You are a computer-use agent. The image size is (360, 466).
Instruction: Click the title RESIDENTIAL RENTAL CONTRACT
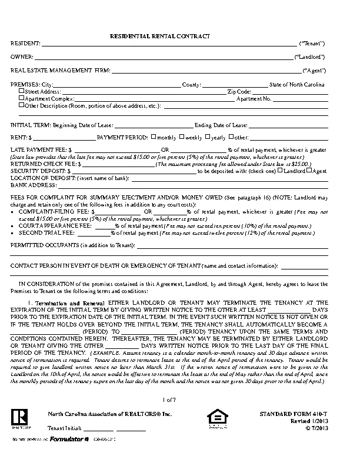pyautogui.click(x=160, y=36)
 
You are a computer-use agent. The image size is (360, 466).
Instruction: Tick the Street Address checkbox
pyautogui.click(x=22, y=91)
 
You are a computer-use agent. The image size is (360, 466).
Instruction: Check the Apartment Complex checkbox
pyautogui.click(x=22, y=98)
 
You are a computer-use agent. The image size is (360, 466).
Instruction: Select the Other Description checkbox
pyautogui.click(x=22, y=105)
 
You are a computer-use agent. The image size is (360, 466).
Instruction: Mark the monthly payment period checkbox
pyautogui.click(x=154, y=137)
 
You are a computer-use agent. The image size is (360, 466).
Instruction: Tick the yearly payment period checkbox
pyautogui.click(x=208, y=137)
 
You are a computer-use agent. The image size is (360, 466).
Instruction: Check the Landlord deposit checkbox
pyautogui.click(x=281, y=171)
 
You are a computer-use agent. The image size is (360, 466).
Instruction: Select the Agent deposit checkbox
pyautogui.click(x=309, y=171)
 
